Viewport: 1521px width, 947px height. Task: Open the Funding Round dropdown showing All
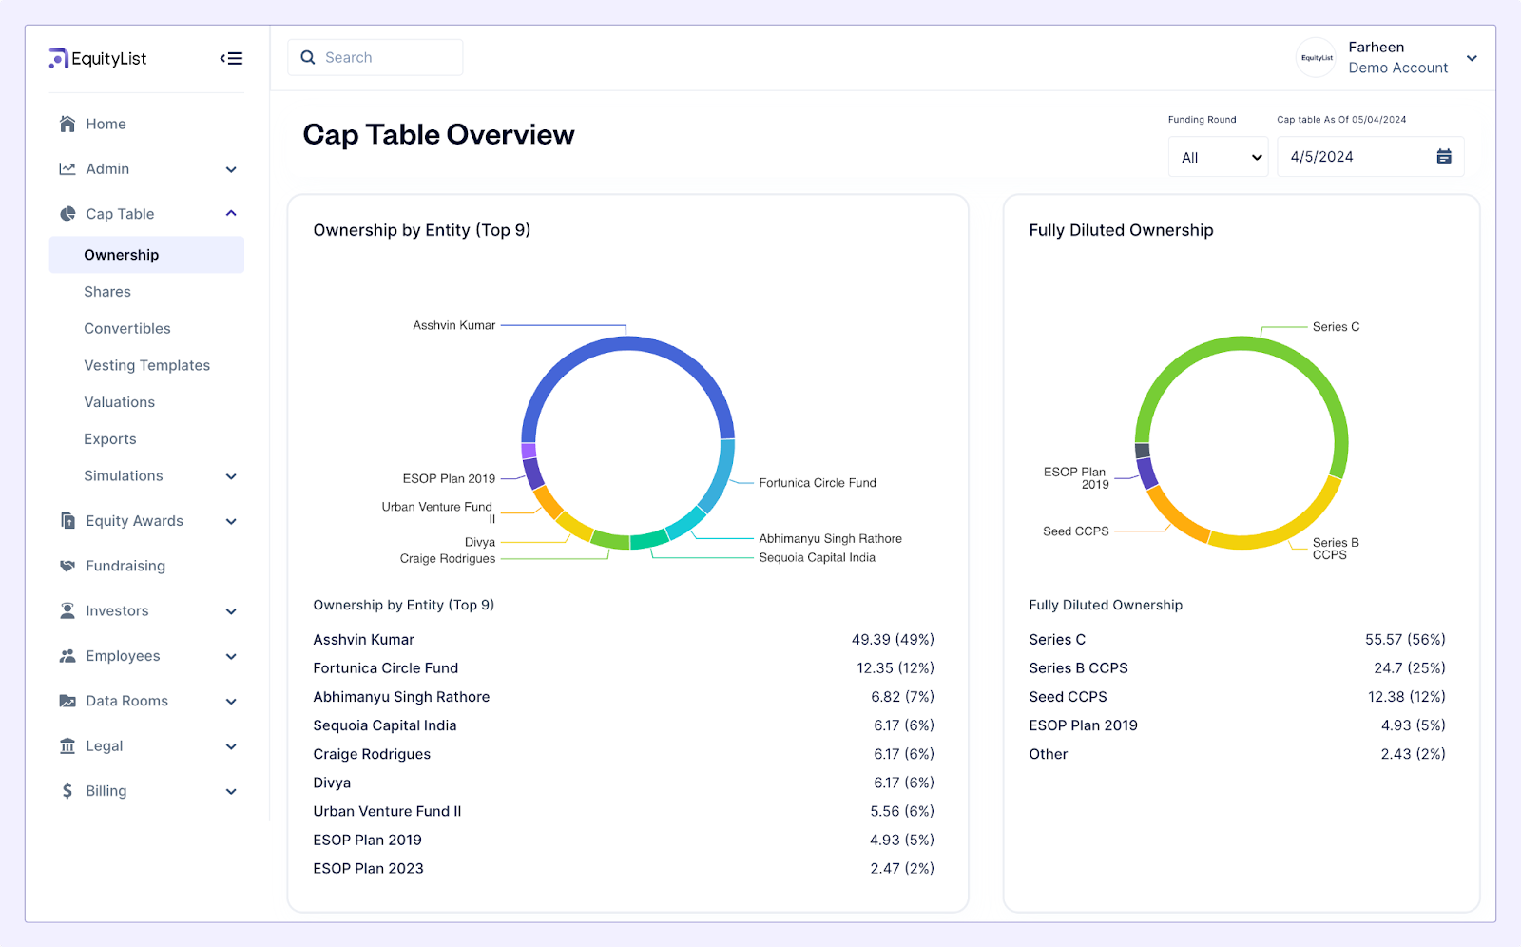click(x=1218, y=157)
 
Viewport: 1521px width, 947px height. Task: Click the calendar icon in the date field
click(x=1443, y=157)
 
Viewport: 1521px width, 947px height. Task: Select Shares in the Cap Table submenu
click(x=107, y=292)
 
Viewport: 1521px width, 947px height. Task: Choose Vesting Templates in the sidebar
click(x=146, y=365)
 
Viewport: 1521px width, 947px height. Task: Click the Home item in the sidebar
click(x=106, y=124)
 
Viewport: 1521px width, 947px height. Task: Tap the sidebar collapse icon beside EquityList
click(x=231, y=59)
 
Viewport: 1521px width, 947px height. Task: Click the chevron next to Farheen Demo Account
click(x=1472, y=58)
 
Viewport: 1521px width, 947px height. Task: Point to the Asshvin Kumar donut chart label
click(x=453, y=325)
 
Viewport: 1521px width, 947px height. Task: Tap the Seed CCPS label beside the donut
click(x=1075, y=531)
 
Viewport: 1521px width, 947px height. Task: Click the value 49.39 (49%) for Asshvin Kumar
click(x=892, y=640)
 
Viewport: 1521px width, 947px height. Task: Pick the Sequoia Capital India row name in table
click(x=385, y=725)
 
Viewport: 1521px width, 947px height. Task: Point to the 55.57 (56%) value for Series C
click(x=1404, y=640)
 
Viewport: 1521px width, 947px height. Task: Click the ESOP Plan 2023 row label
click(x=368, y=868)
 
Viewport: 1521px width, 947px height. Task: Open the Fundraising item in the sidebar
click(x=125, y=566)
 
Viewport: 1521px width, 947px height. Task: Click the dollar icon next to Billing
click(x=67, y=791)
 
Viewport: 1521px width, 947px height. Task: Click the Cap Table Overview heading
click(x=438, y=135)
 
